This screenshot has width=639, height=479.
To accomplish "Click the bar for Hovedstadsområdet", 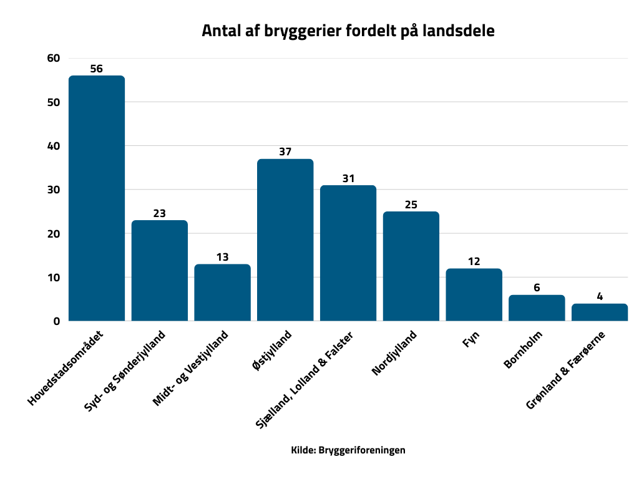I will (x=97, y=198).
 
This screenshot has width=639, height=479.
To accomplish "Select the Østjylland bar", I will (x=285, y=240).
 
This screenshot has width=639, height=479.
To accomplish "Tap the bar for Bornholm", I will (x=537, y=308).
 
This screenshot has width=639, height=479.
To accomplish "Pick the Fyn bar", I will (x=474, y=295).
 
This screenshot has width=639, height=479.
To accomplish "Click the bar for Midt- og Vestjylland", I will (x=222, y=293).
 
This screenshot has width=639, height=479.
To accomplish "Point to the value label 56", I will (x=96, y=69).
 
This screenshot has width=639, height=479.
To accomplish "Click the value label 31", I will (x=348, y=178).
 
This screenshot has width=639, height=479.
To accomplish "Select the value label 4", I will (x=600, y=297).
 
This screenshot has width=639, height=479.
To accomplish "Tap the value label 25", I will (x=411, y=205).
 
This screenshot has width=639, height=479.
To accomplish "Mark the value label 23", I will (x=159, y=213).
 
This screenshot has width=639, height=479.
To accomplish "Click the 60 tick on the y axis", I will (x=53, y=59).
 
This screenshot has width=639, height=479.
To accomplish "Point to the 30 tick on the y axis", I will (x=53, y=190).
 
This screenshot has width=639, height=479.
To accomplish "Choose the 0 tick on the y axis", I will (x=56, y=321).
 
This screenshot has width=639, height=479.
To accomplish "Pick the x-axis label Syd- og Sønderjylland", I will (x=125, y=371).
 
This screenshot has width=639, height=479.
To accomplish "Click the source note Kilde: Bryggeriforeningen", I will (x=348, y=450).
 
